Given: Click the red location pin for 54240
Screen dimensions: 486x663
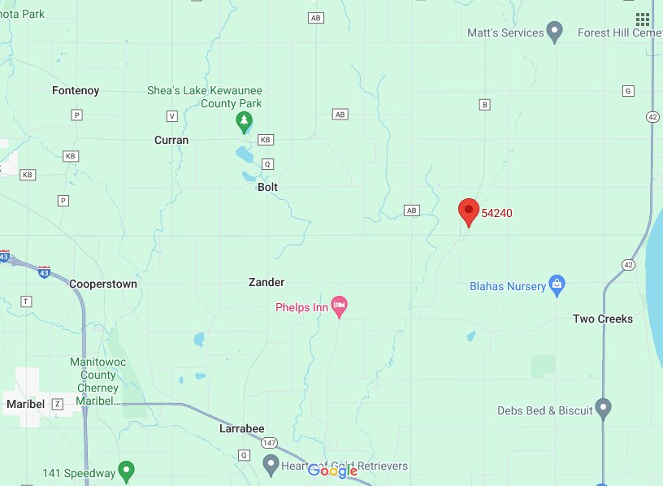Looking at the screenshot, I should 468,210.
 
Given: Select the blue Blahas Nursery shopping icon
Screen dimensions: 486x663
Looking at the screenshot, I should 557,284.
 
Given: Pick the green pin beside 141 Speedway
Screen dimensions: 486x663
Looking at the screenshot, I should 126,469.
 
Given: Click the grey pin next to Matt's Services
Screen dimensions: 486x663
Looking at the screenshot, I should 555,33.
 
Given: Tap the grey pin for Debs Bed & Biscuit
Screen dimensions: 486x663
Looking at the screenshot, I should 603,408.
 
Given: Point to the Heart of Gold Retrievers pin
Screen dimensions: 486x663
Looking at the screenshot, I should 271,465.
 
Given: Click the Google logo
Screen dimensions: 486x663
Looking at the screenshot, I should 333,471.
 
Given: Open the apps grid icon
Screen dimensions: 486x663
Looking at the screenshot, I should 643,20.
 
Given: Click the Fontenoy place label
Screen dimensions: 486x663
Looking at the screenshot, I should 76,90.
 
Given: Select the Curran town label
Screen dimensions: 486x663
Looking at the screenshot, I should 171,140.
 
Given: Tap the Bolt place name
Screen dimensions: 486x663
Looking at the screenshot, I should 267,187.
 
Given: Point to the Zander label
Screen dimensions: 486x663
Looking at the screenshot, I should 266,282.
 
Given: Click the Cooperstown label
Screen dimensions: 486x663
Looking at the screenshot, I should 103,284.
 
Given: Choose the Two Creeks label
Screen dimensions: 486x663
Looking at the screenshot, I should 603,319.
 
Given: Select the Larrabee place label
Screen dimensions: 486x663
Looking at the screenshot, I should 242,427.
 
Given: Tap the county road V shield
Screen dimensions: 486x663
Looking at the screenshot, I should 171,115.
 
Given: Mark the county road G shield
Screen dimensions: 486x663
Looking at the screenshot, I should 627,90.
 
